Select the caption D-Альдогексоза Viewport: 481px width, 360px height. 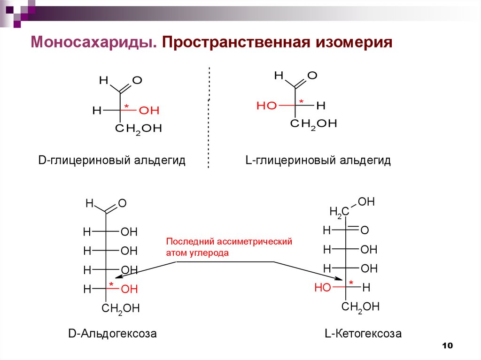112,334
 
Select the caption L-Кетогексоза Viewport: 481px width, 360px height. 363,334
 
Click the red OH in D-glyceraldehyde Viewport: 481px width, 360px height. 149,111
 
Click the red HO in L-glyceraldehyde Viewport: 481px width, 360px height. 267,106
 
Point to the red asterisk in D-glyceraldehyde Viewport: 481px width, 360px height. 126,107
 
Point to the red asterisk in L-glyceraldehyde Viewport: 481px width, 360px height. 302,102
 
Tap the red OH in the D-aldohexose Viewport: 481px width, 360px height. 130,289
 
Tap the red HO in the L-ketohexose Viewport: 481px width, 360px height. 323,288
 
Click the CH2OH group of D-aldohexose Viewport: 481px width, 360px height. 121,309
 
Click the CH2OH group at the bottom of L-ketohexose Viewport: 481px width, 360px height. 360,307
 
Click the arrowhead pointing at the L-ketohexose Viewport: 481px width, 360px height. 346,280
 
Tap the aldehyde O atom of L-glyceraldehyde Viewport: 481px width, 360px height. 312,75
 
